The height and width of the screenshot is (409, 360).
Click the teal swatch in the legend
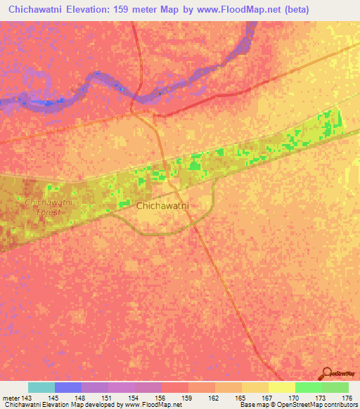[41, 387]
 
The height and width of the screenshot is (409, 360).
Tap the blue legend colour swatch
[68, 387]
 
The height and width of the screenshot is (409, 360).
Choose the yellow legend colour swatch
[282, 387]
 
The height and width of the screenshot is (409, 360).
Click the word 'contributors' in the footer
[339, 405]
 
